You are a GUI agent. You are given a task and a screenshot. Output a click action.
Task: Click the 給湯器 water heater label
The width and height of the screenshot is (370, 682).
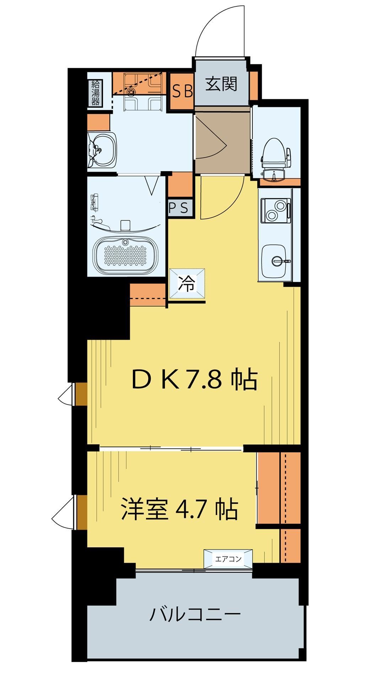95,93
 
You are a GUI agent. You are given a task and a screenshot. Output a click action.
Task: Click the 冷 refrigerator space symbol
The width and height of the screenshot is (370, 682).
187,284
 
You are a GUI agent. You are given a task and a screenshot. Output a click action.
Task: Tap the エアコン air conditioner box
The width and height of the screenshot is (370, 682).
228,559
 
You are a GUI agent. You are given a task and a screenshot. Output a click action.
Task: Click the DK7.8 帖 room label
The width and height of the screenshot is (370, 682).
194,380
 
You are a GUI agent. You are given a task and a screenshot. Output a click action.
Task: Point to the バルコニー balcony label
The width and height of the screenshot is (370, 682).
195,614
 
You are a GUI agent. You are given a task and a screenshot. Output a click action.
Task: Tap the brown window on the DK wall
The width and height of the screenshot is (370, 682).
81,394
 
